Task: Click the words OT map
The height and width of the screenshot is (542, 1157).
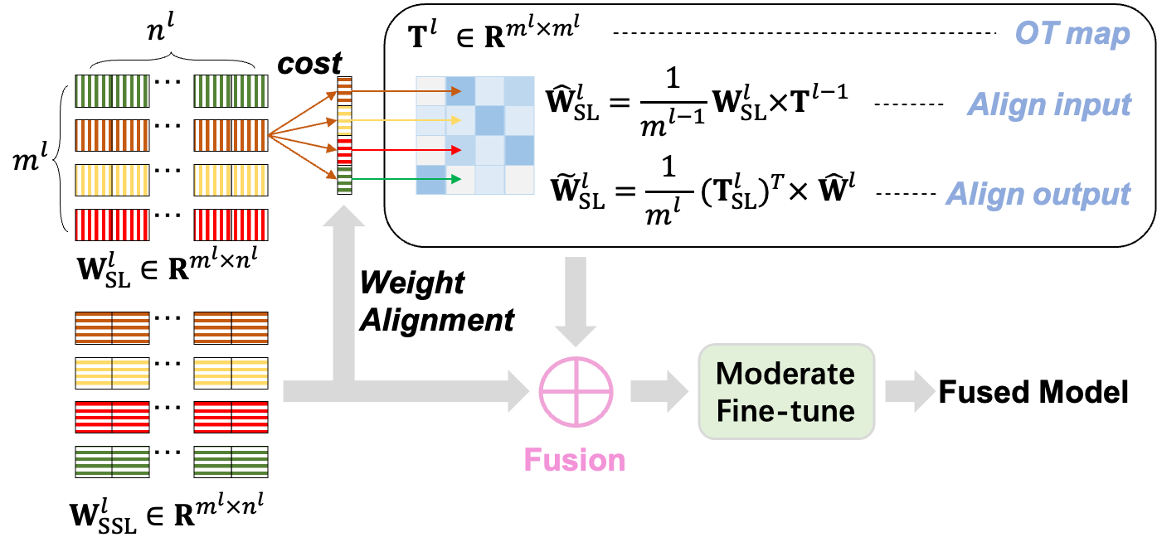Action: tap(1072, 34)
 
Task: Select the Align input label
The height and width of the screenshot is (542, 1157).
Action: tap(1049, 105)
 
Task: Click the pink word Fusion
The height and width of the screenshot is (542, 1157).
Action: tap(574, 460)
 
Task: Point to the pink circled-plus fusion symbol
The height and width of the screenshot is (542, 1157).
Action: tap(576, 391)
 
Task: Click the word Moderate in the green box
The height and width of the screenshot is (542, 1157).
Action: tap(785, 374)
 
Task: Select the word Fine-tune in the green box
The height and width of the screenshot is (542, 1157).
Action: tap(785, 411)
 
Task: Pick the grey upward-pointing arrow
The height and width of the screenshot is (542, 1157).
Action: tap(343, 290)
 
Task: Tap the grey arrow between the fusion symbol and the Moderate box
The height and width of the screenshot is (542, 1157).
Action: tap(659, 391)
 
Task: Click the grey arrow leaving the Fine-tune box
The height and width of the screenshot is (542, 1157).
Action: tap(910, 391)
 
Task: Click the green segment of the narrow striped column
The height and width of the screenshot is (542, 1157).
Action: tap(344, 180)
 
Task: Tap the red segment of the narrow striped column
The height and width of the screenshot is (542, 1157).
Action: tap(344, 150)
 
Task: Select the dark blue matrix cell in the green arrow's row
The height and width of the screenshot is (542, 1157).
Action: tap(430, 179)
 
